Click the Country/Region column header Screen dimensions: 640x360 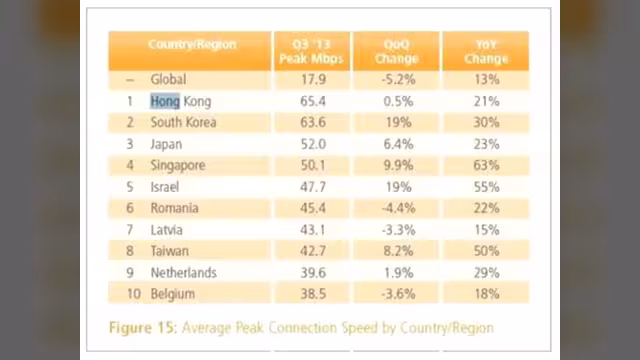(192, 44)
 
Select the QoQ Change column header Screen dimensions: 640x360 (396, 51)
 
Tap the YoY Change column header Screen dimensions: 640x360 (486, 51)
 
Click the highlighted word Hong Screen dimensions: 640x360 (165, 101)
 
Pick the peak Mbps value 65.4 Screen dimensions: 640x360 (313, 101)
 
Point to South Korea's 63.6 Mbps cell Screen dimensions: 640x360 (313, 122)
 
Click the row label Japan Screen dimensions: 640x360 (166, 144)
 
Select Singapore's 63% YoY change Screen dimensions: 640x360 (486, 165)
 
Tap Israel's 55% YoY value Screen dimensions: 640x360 (486, 187)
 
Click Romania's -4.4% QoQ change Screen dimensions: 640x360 (398, 208)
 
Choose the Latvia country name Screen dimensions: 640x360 (167, 230)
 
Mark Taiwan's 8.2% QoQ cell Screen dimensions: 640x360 (398, 251)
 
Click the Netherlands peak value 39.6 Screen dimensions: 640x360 (313, 273)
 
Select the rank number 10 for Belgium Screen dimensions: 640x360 (134, 294)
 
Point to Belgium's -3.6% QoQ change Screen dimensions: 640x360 (398, 294)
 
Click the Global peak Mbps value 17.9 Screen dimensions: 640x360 (313, 79)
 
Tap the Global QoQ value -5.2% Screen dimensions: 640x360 (398, 79)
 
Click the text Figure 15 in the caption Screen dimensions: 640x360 (142, 328)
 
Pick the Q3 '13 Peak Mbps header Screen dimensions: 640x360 (311, 51)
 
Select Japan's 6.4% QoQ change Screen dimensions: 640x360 (398, 144)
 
